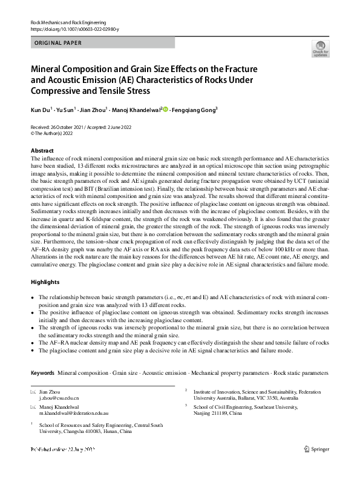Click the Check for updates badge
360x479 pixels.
click(321, 49)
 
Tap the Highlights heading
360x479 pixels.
click(46, 282)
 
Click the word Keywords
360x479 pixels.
click(42, 372)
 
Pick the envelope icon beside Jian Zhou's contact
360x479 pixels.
click(33, 392)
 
